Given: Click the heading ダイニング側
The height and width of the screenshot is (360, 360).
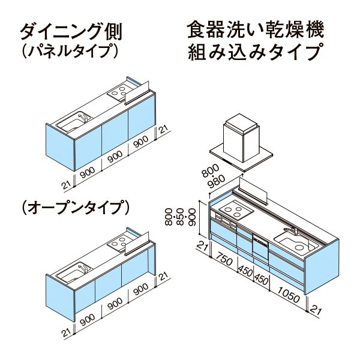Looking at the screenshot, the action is [71, 32].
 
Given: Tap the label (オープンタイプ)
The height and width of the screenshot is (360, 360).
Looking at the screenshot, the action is [76, 208].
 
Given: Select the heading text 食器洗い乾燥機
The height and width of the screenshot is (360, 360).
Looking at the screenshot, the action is [256, 29].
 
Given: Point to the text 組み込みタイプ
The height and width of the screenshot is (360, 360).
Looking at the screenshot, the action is [254, 52].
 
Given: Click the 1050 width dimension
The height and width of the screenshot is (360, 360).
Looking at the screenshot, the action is [289, 295].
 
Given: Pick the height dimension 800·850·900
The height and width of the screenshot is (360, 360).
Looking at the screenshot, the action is [181, 217].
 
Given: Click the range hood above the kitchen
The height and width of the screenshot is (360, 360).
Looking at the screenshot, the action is [241, 144].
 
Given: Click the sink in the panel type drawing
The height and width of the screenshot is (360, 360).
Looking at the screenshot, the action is [74, 122].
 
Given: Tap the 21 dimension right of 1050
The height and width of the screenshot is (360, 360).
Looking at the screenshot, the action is [315, 309].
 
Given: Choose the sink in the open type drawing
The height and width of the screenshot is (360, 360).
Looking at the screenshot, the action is [74, 272].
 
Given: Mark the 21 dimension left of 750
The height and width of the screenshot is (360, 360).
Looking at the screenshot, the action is [202, 247].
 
